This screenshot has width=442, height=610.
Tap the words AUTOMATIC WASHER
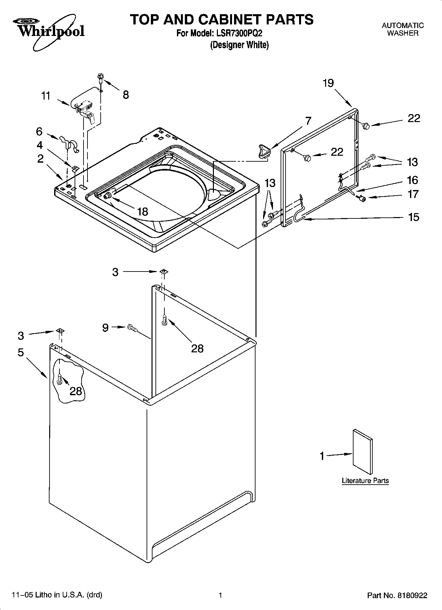402,29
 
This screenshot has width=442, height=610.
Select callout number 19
328,83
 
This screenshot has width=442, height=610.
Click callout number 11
46,96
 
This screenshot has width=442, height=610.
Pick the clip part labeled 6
70,143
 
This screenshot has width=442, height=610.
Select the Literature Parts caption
365,481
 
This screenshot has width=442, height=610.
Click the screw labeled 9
132,328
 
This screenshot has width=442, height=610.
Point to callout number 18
143,211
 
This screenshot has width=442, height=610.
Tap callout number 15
413,217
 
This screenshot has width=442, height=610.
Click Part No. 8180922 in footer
397,595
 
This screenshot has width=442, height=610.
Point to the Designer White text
239,45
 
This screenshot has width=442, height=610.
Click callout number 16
413,180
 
